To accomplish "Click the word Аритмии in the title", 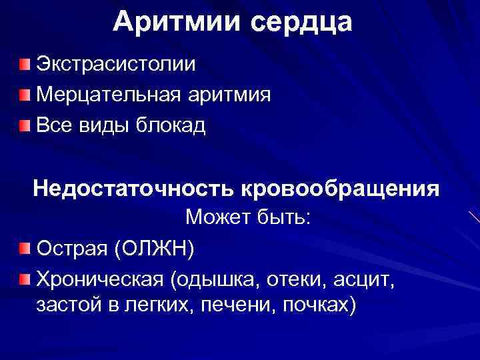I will point(176,22).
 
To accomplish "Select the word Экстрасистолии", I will point(116,65).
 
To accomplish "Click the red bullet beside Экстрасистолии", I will point(25,65).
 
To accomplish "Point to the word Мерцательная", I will point(107,95).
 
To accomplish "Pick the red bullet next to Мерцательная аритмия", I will point(25,95).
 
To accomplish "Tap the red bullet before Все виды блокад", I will point(25,125).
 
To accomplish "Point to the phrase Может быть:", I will point(248,217).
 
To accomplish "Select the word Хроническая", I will point(100,279).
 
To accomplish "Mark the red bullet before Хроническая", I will point(25,278).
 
